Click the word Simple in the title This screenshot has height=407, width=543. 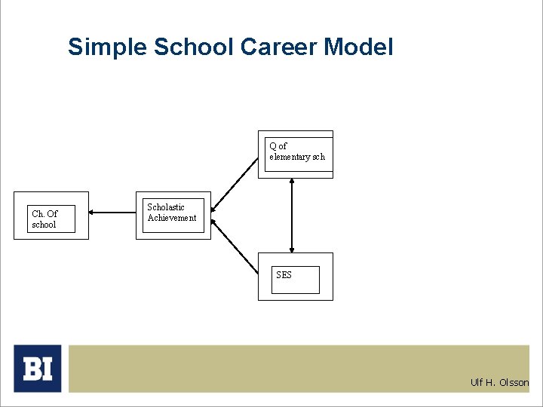(x=108, y=47)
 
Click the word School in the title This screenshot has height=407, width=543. (x=194, y=47)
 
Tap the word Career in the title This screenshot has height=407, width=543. (x=279, y=47)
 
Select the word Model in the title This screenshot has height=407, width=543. (x=359, y=47)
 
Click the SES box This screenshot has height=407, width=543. (x=295, y=277)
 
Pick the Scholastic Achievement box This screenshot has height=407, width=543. (x=173, y=216)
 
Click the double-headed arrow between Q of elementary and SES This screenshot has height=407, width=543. (x=292, y=215)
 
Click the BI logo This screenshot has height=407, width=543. (x=37, y=368)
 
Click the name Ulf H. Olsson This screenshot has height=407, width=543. (x=499, y=383)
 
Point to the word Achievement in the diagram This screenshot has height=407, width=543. (x=172, y=219)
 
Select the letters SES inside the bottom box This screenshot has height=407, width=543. (x=284, y=275)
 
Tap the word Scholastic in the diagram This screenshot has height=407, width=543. (x=166, y=207)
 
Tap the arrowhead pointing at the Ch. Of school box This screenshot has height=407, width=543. (x=93, y=213)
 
